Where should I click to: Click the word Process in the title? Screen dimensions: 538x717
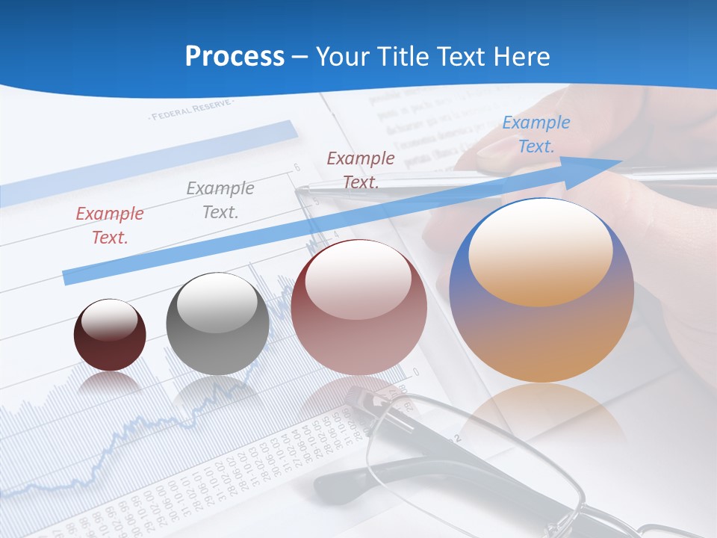coord(235,57)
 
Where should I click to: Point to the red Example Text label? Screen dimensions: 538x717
coord(110,225)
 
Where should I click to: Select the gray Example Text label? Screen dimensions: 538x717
coord(220,200)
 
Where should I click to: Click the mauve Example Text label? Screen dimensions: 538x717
coord(361,170)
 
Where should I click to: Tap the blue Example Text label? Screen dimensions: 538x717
coord(536,134)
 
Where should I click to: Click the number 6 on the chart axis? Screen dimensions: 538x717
coord(297,167)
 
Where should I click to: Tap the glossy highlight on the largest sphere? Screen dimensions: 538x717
coord(540,251)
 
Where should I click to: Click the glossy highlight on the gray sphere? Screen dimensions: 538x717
coord(217,303)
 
